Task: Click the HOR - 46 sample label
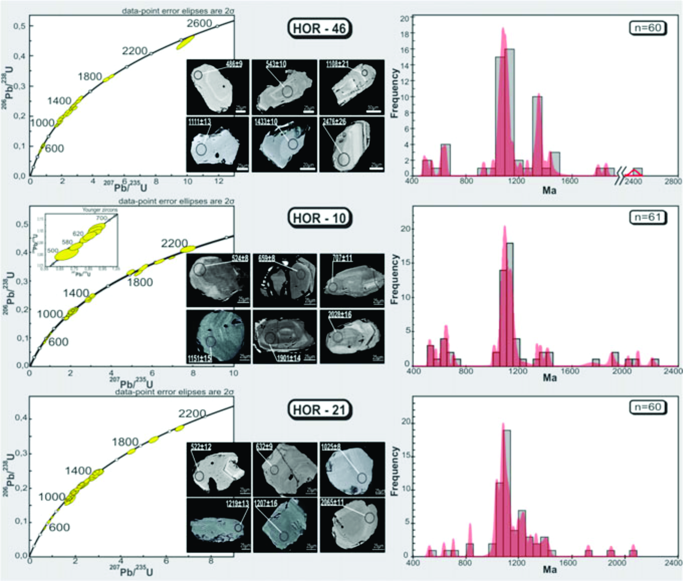[320, 28]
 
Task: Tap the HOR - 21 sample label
[320, 410]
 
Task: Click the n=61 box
[648, 217]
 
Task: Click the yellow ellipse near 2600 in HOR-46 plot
[186, 42]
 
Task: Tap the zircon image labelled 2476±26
[352, 144]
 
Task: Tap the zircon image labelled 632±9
[285, 469]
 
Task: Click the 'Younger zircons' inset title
[100, 210]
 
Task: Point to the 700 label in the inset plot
[101, 218]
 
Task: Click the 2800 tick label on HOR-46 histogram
[673, 181]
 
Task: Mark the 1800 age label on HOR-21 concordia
[125, 442]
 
